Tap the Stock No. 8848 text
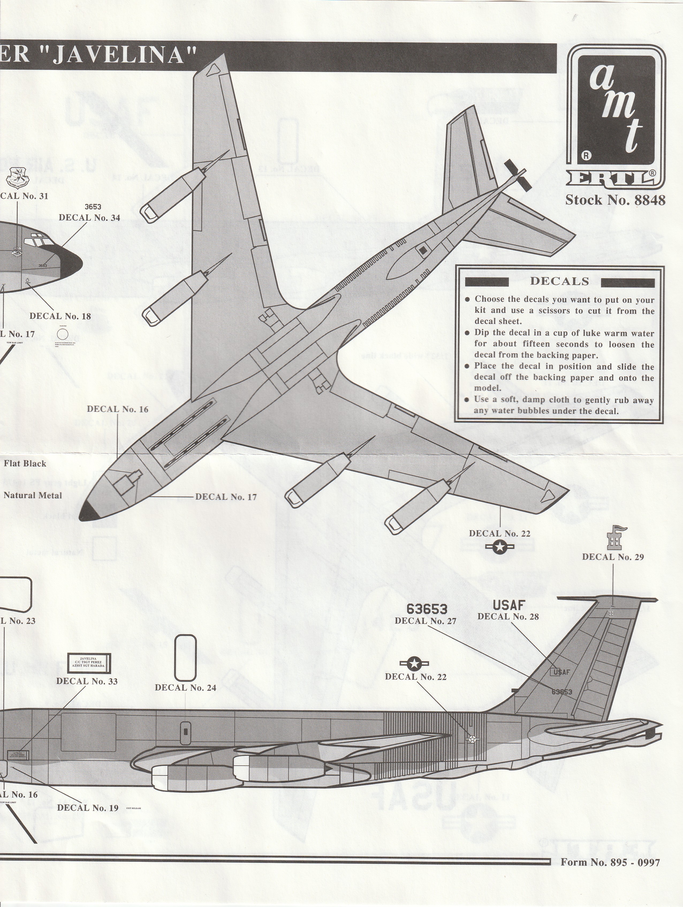tap(615, 200)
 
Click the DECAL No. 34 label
tap(89, 218)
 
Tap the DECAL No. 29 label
tap(613, 557)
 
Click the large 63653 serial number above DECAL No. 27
tap(427, 609)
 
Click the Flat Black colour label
tap(25, 464)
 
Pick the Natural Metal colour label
tap(33, 495)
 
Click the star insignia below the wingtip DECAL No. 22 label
tap(499, 547)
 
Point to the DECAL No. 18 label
tap(60, 316)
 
